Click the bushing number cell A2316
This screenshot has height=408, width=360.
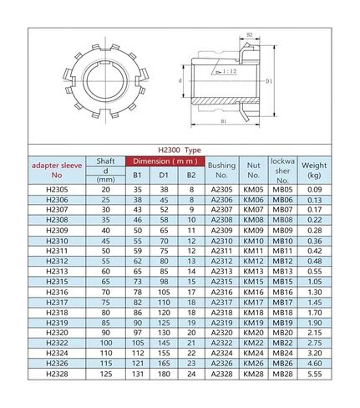pos(221,291)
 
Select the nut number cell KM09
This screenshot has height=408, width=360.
pos(253,228)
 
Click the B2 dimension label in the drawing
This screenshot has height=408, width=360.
pos(250,35)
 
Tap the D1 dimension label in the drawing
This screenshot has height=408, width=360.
pos(270,82)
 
